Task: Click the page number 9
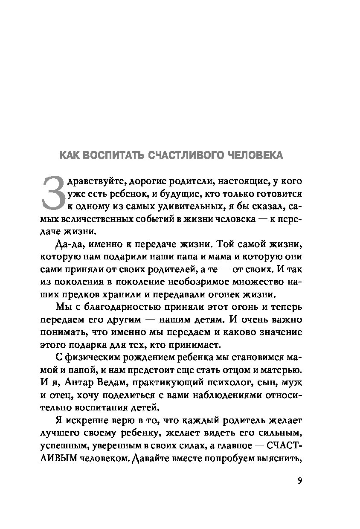[x=299, y=481]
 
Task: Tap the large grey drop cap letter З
[x=55, y=195]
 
